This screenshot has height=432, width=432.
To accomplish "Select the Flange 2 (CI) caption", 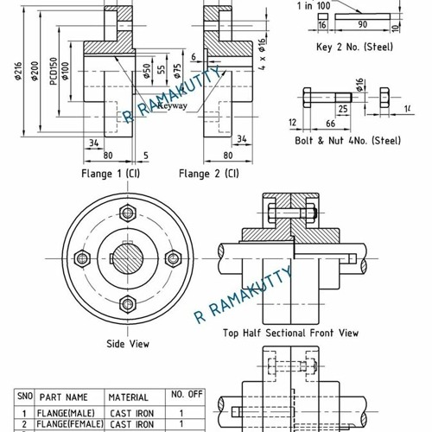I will [x=209, y=173].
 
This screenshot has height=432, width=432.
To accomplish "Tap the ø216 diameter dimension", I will [x=18, y=73].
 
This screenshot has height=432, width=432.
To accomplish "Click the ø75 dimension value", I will [x=178, y=71].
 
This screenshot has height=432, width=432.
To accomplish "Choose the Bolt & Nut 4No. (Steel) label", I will [x=347, y=139].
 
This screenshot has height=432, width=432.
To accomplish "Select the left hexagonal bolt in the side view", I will [x=83, y=257].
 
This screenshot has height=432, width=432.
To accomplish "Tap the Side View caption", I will [x=128, y=344].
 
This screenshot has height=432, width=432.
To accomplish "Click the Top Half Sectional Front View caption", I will [x=290, y=333].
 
